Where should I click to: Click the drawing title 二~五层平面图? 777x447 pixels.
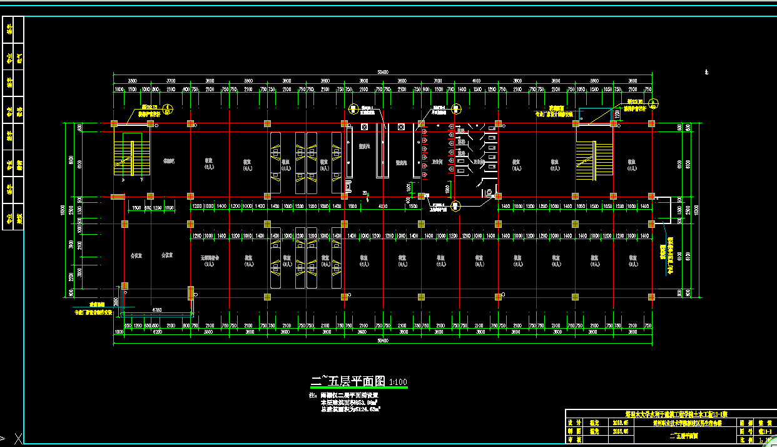pyautogui.click(x=348, y=381)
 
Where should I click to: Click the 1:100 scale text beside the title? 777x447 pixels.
pyautogui.click(x=398, y=382)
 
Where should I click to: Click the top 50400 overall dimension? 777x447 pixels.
pyautogui.click(x=382, y=72)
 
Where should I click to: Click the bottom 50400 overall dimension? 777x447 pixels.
pyautogui.click(x=382, y=341)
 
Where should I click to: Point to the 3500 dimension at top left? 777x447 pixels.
pyautogui.click(x=132, y=81)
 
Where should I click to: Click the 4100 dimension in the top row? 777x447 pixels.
pyautogui.click(x=476, y=81)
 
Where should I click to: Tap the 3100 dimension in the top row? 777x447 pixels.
pyautogui.click(x=438, y=81)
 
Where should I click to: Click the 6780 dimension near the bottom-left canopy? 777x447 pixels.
pyautogui.click(x=156, y=310)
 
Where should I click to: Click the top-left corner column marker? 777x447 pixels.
pyautogui.click(x=114, y=123)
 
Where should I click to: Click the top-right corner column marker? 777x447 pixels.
pyautogui.click(x=651, y=123)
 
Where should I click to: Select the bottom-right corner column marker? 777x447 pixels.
pyautogui.click(x=651, y=297)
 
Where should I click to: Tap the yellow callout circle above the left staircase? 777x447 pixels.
pyautogui.click(x=168, y=109)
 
